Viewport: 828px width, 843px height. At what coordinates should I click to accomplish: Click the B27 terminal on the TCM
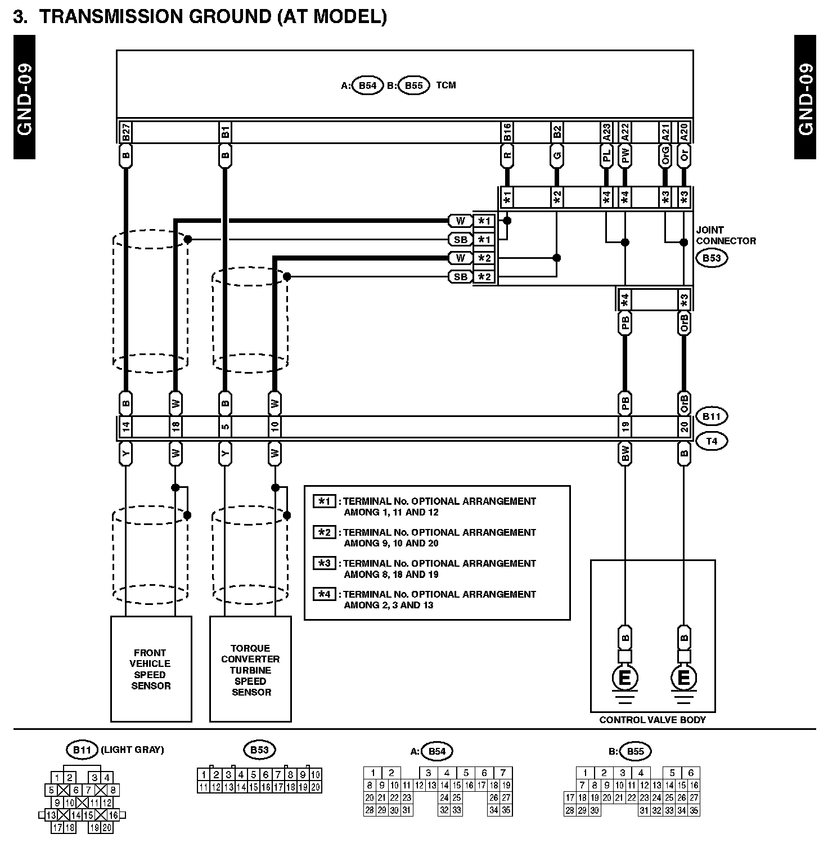click(126, 133)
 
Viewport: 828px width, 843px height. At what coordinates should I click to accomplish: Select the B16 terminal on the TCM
click(507, 133)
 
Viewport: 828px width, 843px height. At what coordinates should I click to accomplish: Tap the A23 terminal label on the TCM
click(606, 133)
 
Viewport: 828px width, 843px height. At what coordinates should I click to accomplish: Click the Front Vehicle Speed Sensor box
click(151, 669)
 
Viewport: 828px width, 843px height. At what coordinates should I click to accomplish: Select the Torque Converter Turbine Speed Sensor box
click(250, 669)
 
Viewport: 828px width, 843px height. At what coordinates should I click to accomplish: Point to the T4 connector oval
click(712, 441)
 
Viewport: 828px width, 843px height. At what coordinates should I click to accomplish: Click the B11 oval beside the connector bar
click(712, 417)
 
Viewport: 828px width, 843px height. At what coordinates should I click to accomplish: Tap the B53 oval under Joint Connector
click(712, 258)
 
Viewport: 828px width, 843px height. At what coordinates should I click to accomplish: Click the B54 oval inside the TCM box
click(367, 86)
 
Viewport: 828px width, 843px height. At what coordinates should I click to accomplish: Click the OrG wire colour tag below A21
click(665, 156)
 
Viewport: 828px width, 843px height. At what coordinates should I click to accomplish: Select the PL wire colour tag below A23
click(606, 156)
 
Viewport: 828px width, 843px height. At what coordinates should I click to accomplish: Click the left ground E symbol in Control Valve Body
click(625, 678)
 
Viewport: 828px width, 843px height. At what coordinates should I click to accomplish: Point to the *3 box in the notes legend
click(325, 563)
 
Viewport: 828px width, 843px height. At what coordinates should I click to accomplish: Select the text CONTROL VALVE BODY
click(652, 720)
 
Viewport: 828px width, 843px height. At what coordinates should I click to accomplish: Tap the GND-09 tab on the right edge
click(805, 97)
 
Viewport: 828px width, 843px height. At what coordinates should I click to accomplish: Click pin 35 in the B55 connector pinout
click(694, 811)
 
